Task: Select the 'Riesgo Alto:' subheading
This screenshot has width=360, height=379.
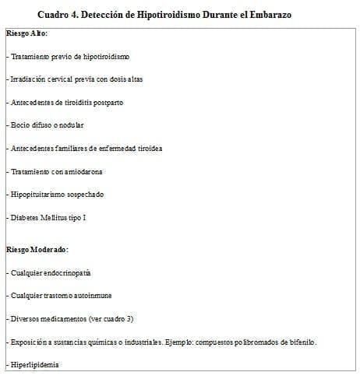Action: tap(27, 35)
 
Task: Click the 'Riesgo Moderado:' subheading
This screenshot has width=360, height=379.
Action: tap(37, 249)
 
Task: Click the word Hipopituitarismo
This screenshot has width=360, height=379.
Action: tap(38, 194)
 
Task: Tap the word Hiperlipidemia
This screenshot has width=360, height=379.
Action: tap(34, 365)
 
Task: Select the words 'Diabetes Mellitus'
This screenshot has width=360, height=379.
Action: tap(39, 217)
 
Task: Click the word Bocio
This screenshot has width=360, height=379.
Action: tap(18, 125)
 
